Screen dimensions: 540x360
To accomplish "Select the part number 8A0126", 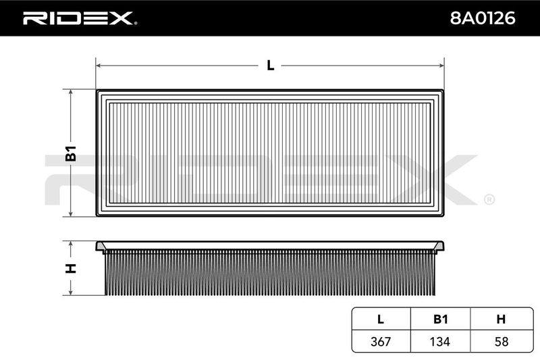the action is (x=483, y=18).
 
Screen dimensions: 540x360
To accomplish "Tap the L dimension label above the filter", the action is (x=271, y=65).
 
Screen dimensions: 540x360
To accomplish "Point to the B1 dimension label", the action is (x=71, y=153).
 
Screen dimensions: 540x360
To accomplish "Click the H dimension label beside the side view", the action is (x=71, y=268).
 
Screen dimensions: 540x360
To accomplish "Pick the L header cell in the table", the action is (x=381, y=319).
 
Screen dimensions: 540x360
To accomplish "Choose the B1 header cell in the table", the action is (x=441, y=319).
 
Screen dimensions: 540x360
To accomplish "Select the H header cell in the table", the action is (x=501, y=319).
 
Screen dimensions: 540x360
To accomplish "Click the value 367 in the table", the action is (x=381, y=341).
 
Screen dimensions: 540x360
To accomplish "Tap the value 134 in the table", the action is (x=440, y=341).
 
